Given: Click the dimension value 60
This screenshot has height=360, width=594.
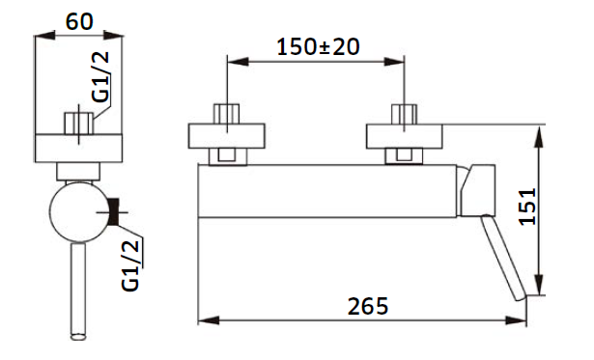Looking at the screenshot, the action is [x=79, y=21].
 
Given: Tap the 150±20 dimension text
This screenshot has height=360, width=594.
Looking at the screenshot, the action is [x=318, y=47].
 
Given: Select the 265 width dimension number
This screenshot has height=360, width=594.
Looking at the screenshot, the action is [x=368, y=306].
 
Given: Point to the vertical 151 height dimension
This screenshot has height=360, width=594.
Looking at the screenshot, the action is [x=527, y=207].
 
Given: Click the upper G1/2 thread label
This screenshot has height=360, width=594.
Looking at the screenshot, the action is [x=100, y=77].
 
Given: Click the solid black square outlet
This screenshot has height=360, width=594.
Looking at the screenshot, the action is [x=113, y=211].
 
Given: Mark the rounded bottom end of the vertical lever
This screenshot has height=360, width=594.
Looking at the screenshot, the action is [x=79, y=336].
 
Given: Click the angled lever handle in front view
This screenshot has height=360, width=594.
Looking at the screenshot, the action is [x=504, y=258].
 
